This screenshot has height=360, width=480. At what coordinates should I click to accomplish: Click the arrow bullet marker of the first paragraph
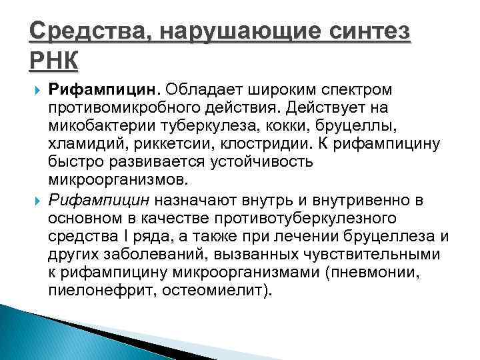[x=35, y=89]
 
